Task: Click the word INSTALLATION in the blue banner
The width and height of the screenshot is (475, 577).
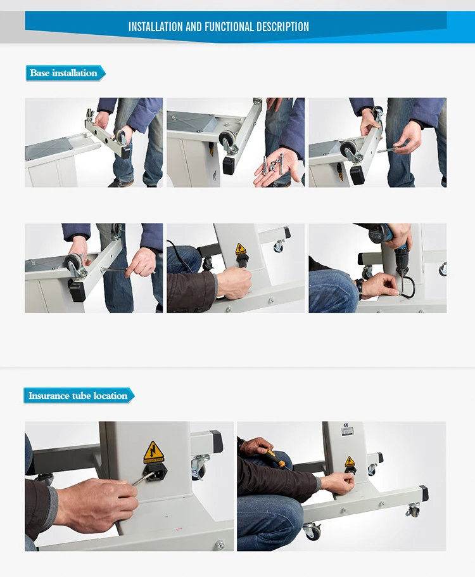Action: [x=156, y=27]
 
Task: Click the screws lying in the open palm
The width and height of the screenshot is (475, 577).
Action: [x=273, y=164]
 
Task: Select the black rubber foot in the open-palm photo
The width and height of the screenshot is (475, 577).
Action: [x=229, y=164]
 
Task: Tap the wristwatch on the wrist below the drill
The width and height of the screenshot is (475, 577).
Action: [x=360, y=289]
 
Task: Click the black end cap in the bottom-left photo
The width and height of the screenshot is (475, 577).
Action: [x=216, y=441]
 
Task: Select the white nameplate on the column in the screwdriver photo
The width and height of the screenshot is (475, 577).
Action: [x=348, y=431]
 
